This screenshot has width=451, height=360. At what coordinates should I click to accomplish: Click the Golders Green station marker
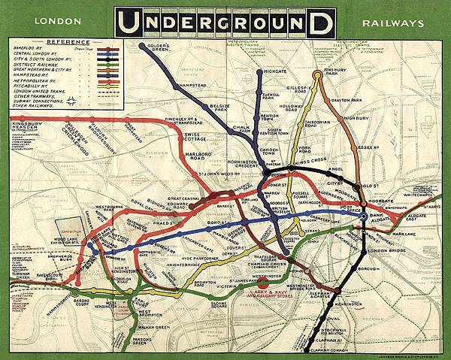[x=142, y=46]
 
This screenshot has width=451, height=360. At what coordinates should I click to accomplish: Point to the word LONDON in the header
[x=55, y=23]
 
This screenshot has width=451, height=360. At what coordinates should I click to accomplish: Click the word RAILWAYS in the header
[x=392, y=23]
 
